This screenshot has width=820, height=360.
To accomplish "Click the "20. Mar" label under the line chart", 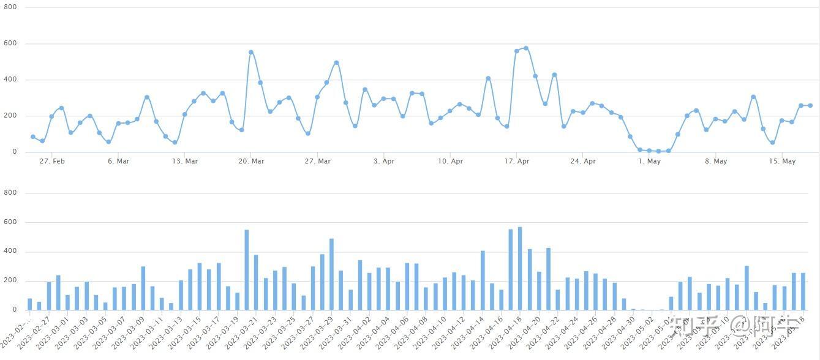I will coord(251,162).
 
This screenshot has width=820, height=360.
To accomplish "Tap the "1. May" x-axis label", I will coord(649,162).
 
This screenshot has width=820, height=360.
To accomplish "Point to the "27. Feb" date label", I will coord(52,162).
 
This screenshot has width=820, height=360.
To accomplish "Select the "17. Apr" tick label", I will coord(517,162).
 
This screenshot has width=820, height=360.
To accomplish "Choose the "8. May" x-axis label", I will coord(715,162).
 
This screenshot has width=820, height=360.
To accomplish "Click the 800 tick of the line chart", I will coord(10,7).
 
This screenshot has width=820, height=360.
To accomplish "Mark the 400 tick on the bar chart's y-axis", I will coord(10,252).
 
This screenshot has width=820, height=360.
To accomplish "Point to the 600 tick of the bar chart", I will coord(10,222).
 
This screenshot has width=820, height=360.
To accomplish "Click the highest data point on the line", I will coord(526,48).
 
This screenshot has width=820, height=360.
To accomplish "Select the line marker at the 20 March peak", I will coord(251,53).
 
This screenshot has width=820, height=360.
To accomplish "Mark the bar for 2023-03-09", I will coord(143,288).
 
